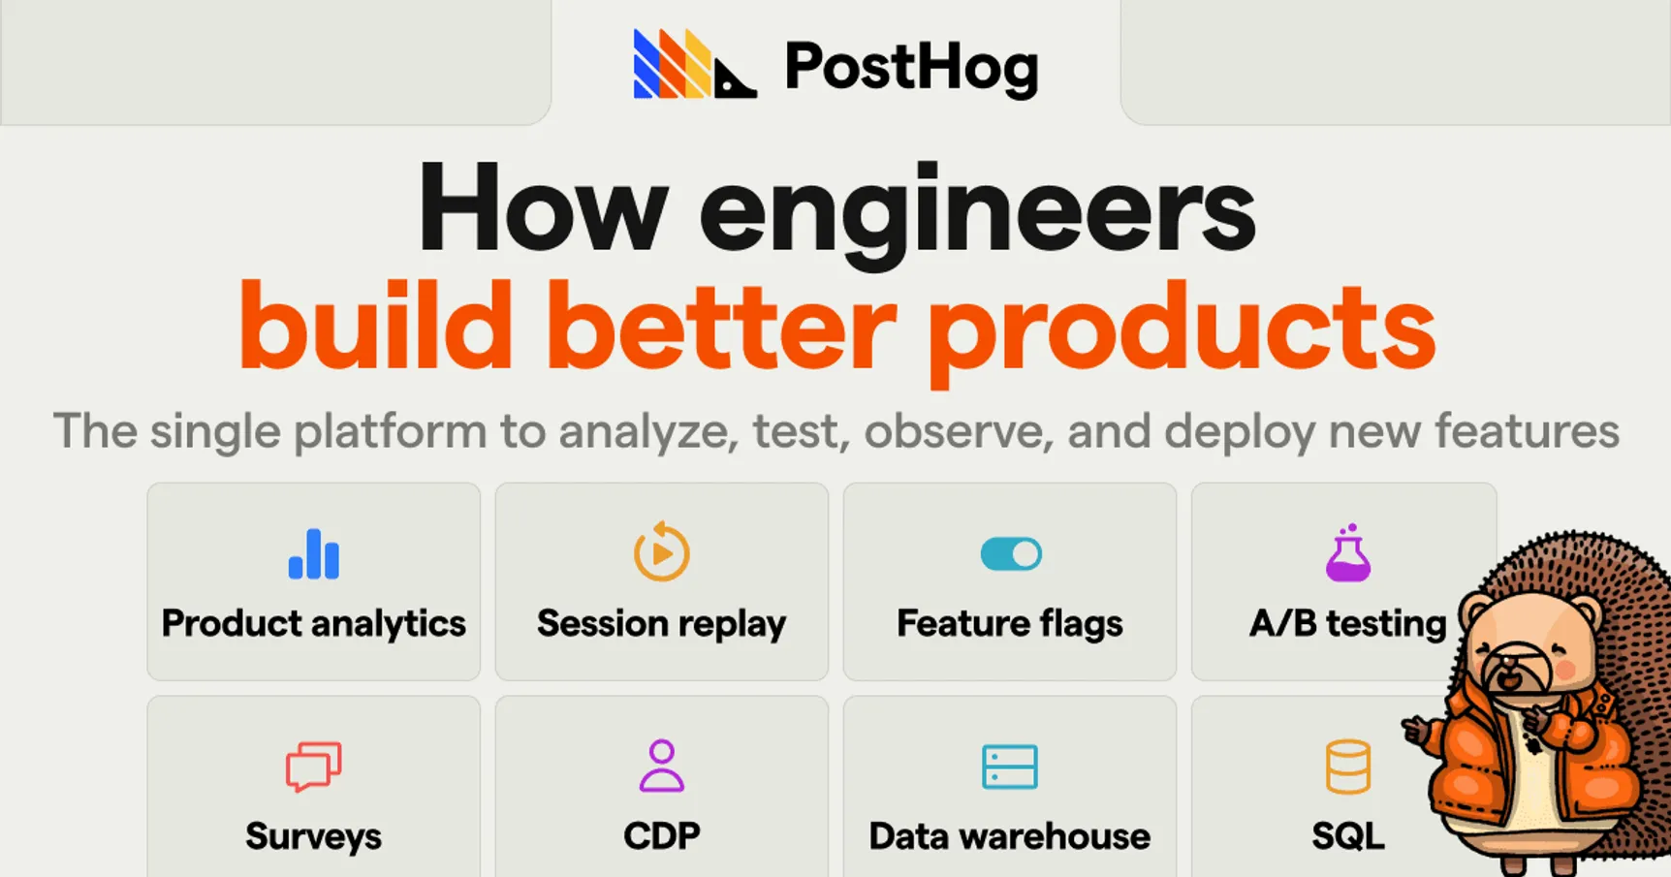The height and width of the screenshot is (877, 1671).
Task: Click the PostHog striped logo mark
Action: tap(693, 65)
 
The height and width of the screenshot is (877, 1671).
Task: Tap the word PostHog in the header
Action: tap(911, 67)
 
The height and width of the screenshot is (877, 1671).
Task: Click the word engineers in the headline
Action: tap(976, 211)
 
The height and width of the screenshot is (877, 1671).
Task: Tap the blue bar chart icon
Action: tap(313, 554)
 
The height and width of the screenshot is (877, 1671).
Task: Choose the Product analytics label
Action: tap(313, 623)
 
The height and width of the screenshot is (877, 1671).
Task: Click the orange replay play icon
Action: tap(661, 552)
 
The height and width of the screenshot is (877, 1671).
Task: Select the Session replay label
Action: tap(661, 624)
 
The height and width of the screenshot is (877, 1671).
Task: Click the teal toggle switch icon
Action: tap(1010, 554)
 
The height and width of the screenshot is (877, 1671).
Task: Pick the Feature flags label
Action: tap(1010, 623)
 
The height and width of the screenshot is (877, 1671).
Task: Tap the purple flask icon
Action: tap(1347, 553)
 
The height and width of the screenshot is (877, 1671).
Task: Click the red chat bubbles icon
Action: tap(313, 767)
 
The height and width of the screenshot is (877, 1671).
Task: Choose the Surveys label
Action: tap(313, 835)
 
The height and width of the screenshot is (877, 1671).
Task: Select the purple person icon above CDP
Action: tap(661, 766)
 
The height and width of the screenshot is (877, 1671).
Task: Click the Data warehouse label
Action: tap(1010, 835)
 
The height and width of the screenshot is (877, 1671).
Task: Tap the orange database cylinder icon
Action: tap(1347, 767)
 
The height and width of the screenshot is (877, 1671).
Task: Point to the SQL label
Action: tap(1347, 835)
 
